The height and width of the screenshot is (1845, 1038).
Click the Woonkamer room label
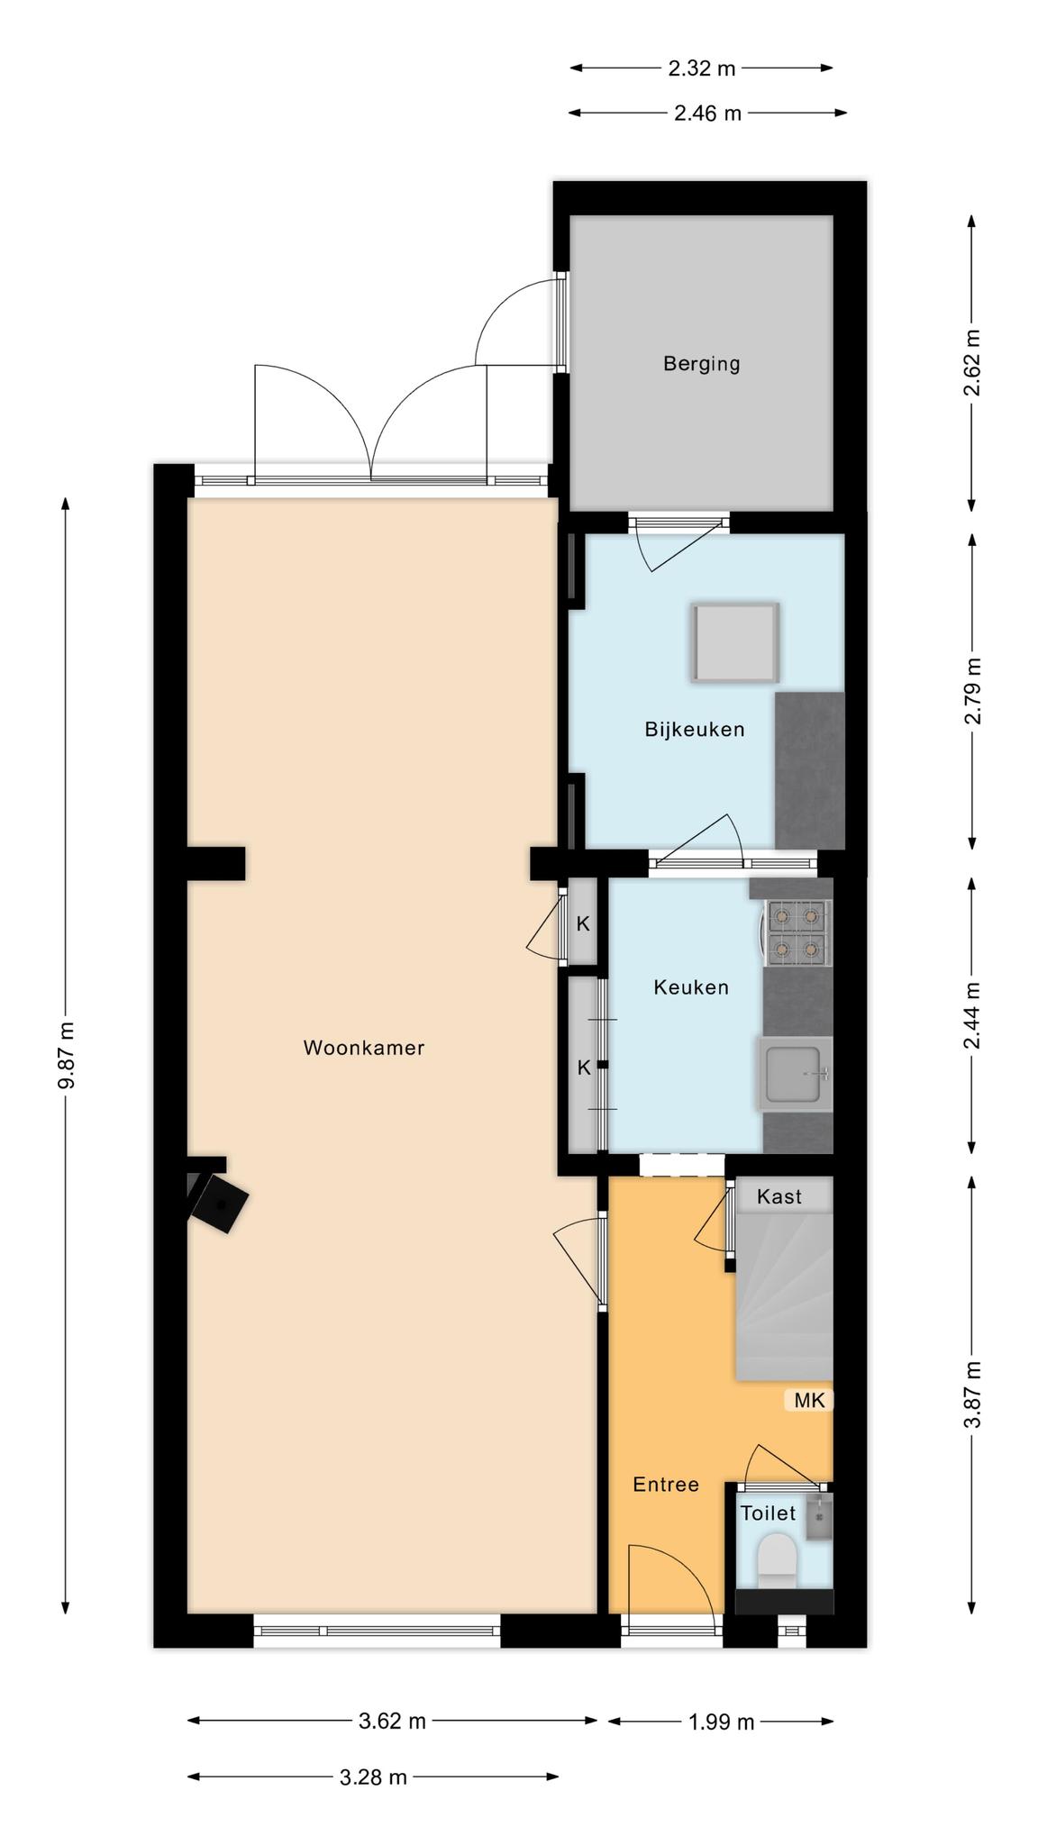[x=363, y=1048]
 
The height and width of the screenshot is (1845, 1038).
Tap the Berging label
[x=701, y=364]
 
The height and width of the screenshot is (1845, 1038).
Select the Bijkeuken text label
[x=694, y=730]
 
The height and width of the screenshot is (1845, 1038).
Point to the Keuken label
[x=690, y=987]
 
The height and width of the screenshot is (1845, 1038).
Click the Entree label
[x=665, y=1485]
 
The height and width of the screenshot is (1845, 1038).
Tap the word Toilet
[x=768, y=1513]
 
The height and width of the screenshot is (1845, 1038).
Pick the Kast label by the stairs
[x=778, y=1196]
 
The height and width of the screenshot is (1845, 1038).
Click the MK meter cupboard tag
[x=808, y=1400]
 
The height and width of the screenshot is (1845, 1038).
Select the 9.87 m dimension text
[x=67, y=1055]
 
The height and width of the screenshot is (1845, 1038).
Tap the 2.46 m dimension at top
[x=707, y=114]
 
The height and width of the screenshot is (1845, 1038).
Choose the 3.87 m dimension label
[x=972, y=1395]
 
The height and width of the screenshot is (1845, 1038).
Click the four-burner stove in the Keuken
[x=797, y=933]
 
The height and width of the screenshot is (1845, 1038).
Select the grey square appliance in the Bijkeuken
[x=735, y=641]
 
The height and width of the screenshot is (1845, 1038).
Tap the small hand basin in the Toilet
[x=818, y=1516]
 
